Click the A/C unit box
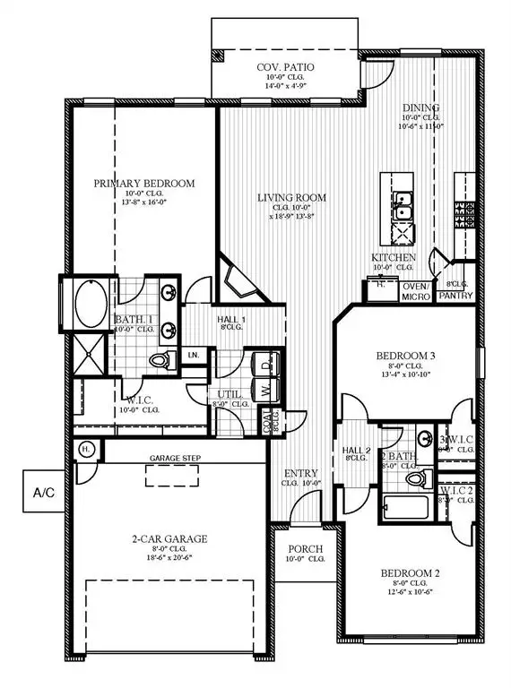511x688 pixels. tap(43, 492)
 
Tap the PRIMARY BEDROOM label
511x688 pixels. tap(144, 184)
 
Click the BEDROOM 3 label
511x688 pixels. tap(404, 356)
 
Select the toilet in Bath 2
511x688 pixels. tap(414, 480)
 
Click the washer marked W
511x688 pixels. tap(265, 391)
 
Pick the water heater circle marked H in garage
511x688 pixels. tap(87, 448)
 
